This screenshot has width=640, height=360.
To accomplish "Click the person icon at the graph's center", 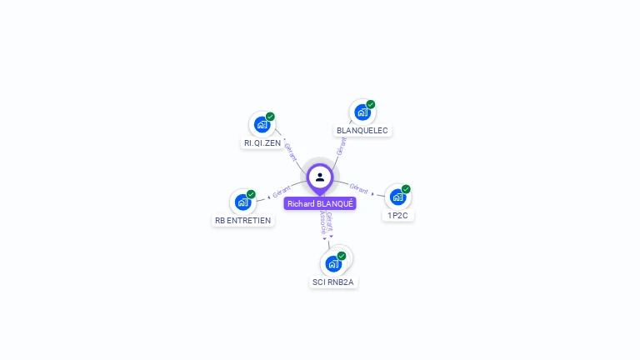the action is tap(320, 177).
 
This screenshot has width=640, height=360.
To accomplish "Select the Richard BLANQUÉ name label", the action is tap(320, 203).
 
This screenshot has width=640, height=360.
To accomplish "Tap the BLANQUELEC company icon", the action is tap(362, 112).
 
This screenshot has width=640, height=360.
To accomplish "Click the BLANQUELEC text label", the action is tap(362, 130).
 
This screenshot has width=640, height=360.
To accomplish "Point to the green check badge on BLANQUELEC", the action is tap(371, 104).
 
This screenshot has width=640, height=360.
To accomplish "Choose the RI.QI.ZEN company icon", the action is tap(262, 124).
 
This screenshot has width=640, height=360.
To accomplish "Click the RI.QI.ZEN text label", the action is tap(262, 142).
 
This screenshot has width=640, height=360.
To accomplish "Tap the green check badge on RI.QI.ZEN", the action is tap(271, 117).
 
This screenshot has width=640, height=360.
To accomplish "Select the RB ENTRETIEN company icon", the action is tap(242, 202).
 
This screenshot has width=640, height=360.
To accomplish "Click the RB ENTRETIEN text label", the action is tap(243, 220).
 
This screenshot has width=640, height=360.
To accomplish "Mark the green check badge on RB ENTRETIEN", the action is tap(251, 194).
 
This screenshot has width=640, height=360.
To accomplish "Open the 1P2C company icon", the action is tap(397, 197).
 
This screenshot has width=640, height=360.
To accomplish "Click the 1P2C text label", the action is tap(397, 215).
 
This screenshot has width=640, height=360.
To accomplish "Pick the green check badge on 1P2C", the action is tap(406, 189).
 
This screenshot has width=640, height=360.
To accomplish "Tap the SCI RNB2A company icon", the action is tap(333, 263).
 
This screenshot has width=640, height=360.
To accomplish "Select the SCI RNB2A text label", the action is tap(333, 282).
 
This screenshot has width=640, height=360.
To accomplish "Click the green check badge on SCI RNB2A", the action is tap(342, 256).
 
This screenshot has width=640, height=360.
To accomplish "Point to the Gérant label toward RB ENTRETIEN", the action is tap(281, 193).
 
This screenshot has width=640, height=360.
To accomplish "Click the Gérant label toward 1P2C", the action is tap(359, 189).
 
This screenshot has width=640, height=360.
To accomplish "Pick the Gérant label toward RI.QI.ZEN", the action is tap(291, 151).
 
